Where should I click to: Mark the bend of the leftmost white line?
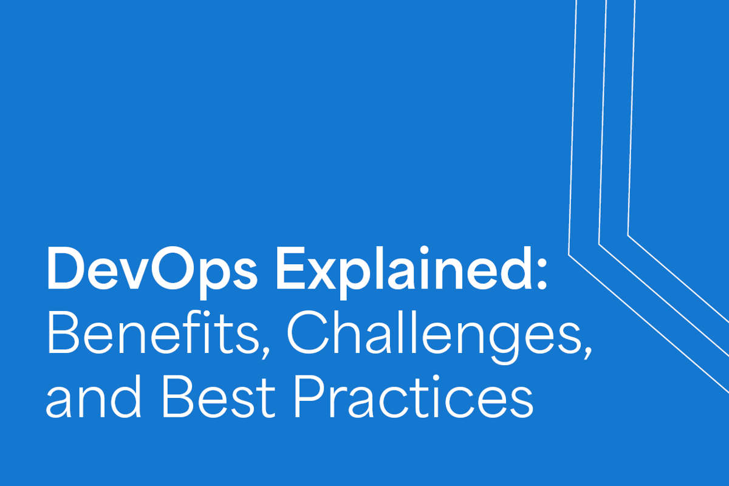(x=569, y=253)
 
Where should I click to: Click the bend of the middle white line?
(x=600, y=244)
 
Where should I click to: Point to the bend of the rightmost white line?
(x=628, y=235)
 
